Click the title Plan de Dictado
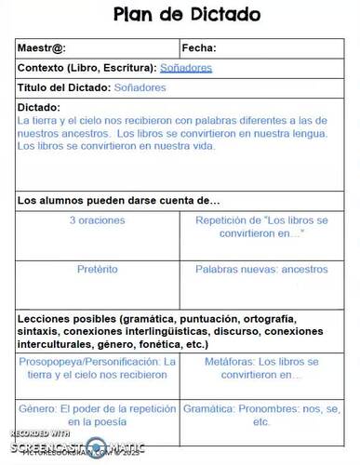(x=186, y=15)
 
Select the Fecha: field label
(x=199, y=48)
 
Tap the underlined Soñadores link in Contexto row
(x=186, y=68)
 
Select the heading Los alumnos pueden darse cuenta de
(x=118, y=200)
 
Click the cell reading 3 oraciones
(x=98, y=221)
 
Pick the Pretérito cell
(x=98, y=269)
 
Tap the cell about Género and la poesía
(x=98, y=414)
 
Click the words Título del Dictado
(x=64, y=87)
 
